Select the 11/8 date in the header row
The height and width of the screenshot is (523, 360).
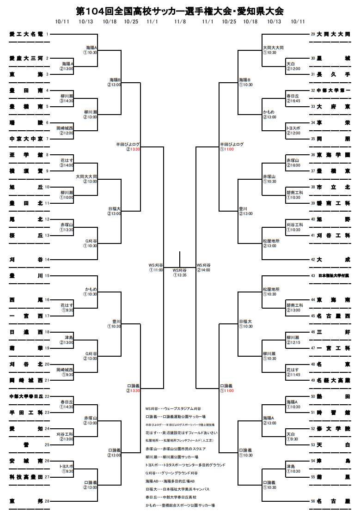coord(180,22)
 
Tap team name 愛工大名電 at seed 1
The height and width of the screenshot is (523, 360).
coord(26,34)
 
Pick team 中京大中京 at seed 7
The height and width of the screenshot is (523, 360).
coord(26,139)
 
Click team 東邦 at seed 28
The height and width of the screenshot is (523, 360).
coord(26,501)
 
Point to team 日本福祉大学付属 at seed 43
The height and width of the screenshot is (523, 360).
coord(334,276)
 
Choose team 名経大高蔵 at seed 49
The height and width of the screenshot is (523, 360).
coord(334,380)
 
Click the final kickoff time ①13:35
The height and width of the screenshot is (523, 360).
coord(180,275)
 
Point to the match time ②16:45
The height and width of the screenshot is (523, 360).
coord(293,101)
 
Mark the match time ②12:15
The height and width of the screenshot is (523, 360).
coord(293,342)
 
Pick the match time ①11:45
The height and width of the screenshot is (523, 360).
coord(293,375)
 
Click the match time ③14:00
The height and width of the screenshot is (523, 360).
coord(66,165)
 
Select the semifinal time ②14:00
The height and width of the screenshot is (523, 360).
coord(203,270)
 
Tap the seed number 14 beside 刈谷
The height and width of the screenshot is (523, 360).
coord(47,260)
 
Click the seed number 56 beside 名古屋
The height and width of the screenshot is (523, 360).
coord(313,501)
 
